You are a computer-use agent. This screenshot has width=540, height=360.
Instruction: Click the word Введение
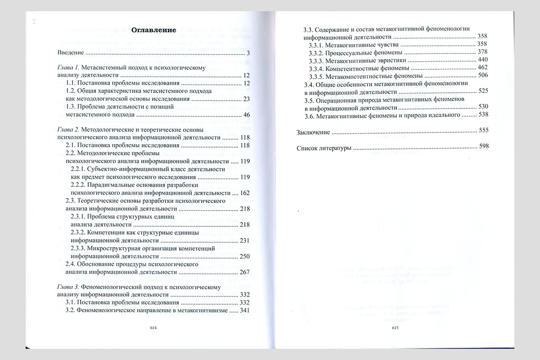pyautogui.click(x=71, y=53)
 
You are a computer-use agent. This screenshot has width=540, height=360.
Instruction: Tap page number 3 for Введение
pyautogui.click(x=248, y=54)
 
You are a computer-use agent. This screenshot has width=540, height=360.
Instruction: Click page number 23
pyautogui.click(x=246, y=99)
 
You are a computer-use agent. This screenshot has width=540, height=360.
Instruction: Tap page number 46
pyautogui.click(x=246, y=115)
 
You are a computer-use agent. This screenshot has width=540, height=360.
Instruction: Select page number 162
pyautogui.click(x=245, y=193)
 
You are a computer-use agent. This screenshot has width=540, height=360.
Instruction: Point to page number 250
pyautogui.click(x=245, y=256)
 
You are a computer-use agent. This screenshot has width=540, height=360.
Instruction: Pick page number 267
pyautogui.click(x=245, y=272)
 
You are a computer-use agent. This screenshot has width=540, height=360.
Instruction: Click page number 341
pyautogui.click(x=245, y=310)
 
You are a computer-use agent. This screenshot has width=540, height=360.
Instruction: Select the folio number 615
pyautogui.click(x=396, y=328)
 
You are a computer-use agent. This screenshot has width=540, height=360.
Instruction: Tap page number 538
pyautogui.click(x=482, y=115)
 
